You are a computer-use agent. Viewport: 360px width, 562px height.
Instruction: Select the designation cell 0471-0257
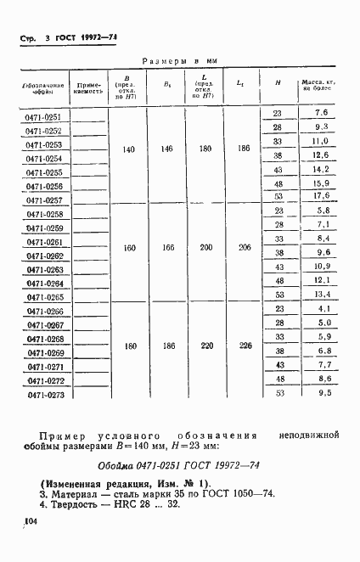pyautogui.click(x=42, y=200)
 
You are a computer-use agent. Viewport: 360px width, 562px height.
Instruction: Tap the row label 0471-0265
pyautogui.click(x=42, y=298)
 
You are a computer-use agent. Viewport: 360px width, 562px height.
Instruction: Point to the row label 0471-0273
pyautogui.click(x=42, y=394)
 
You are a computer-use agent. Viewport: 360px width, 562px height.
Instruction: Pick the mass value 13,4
pyautogui.click(x=321, y=294)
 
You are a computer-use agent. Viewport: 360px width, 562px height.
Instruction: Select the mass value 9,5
pyautogui.click(x=321, y=392)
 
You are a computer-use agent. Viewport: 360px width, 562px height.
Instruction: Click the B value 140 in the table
pyautogui.click(x=129, y=149)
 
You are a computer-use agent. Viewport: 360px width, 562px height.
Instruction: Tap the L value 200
pyautogui.click(x=205, y=247)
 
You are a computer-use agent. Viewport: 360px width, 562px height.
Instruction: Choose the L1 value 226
pyautogui.click(x=245, y=345)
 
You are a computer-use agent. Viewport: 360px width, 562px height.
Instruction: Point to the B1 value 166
pyautogui.click(x=166, y=247)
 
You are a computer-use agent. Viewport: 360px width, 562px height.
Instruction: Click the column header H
pyautogui.click(x=278, y=82)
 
